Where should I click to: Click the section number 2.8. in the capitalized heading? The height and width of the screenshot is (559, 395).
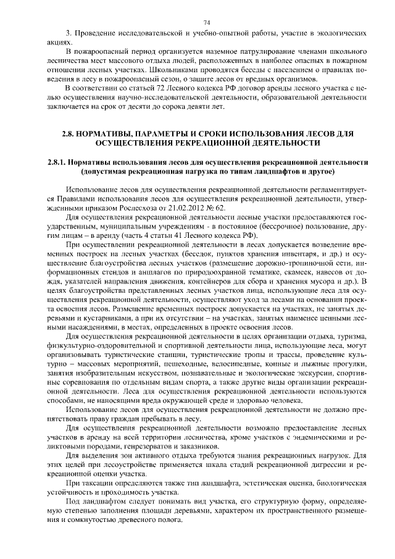tap(71, 133)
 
